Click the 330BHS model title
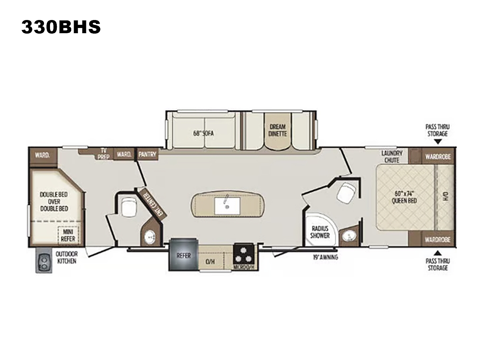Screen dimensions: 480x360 tap(61, 27)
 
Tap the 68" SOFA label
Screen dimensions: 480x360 tap(203, 133)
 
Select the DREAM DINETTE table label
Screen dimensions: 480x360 tap(278, 130)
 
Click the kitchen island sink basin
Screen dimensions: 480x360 tap(227, 206)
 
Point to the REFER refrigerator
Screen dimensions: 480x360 tap(184, 255)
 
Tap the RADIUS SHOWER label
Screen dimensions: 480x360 tap(320, 232)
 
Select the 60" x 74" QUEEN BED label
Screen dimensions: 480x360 tap(404, 197)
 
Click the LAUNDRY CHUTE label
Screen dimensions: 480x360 tap(392, 156)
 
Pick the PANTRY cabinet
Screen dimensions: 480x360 tap(147, 154)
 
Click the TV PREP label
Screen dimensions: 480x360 tap(104, 154)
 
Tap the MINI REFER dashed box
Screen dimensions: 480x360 tap(68, 235)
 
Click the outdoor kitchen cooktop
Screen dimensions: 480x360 tap(44, 260)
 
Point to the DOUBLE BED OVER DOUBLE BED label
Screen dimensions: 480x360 tap(54, 202)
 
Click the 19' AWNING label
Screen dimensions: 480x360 tap(326, 257)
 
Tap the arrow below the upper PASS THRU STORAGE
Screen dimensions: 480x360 tap(438, 142)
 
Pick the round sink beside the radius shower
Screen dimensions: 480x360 tap(348, 236)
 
